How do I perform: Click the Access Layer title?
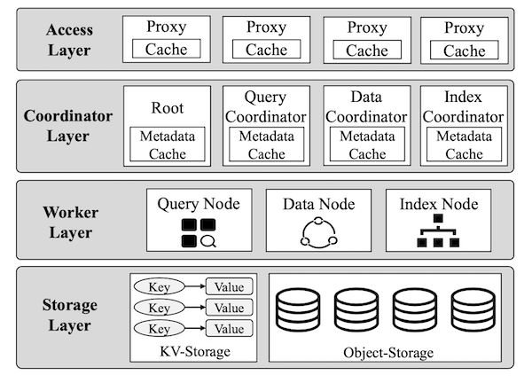[69, 40]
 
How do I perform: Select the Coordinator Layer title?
[68, 126]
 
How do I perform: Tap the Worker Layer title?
[71, 223]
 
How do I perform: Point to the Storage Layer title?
[69, 315]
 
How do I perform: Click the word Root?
[168, 108]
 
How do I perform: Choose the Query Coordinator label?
[266, 107]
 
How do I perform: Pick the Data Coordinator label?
[366, 107]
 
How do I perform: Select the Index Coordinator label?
[463, 107]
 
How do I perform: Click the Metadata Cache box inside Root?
[168, 145]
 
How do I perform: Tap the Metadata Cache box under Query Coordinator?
[266, 145]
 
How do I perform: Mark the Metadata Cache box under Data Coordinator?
[367, 145]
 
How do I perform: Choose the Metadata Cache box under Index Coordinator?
[464, 145]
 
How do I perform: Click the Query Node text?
[199, 204]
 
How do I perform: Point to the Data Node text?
[319, 204]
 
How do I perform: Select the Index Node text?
[439, 204]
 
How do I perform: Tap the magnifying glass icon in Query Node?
[208, 241]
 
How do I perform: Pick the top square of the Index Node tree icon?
[438, 218]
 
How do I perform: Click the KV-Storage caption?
[195, 351]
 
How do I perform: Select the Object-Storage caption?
[388, 353]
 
